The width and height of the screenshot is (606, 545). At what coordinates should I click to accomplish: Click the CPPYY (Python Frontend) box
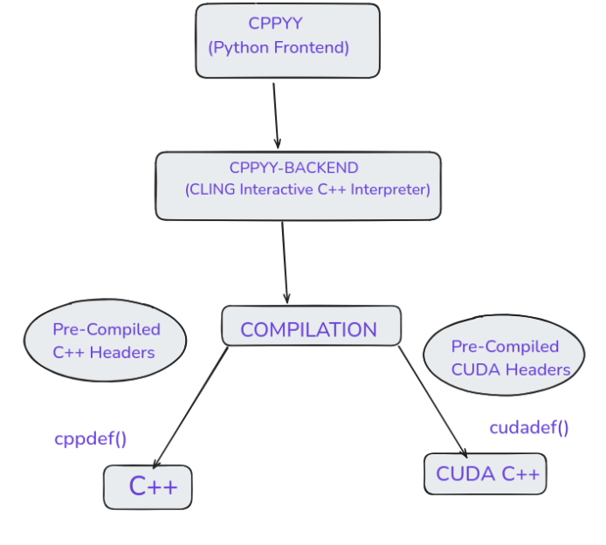[287, 40]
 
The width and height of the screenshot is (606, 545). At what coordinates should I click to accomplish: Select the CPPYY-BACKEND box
[298, 185]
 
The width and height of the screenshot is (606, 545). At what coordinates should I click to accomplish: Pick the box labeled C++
[148, 486]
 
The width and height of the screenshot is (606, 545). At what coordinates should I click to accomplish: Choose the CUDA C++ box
[485, 474]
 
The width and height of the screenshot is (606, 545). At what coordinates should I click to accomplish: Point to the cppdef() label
[90, 438]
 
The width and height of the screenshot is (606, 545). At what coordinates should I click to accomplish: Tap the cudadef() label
[528, 427]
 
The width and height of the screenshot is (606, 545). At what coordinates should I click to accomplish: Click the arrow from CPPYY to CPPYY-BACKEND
[276, 115]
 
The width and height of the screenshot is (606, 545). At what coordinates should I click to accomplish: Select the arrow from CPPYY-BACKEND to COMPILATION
[285, 262]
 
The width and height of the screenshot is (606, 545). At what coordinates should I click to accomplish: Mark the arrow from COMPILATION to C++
[190, 406]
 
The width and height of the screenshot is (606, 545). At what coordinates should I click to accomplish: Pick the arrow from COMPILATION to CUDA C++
[433, 402]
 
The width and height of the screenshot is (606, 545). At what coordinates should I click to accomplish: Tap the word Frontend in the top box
[312, 47]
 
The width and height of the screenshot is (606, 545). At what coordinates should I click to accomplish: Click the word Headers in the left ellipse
[124, 352]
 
